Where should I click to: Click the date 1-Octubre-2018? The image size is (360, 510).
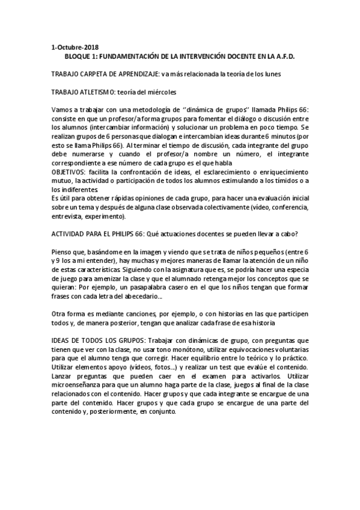[x=75, y=46]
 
